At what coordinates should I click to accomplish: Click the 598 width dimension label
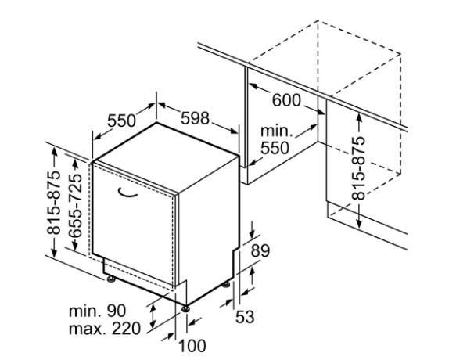[x=195, y=118]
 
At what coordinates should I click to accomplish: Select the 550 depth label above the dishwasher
[x=122, y=121]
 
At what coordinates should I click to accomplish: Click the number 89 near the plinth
[x=261, y=250]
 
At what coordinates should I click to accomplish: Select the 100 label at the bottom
[x=191, y=345]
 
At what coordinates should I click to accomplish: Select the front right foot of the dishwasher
[x=186, y=308]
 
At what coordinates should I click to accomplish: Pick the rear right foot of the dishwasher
[x=228, y=283]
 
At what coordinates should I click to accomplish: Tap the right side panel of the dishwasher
[x=207, y=227]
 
